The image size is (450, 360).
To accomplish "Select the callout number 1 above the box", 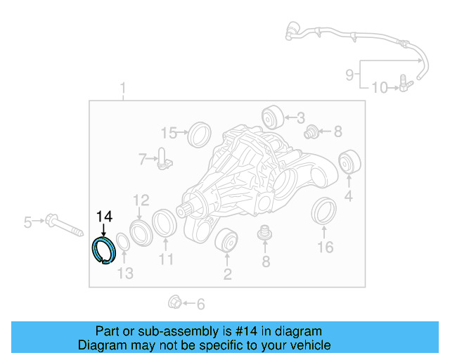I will coord(123,89).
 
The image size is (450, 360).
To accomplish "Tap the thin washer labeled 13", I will coord(121,241).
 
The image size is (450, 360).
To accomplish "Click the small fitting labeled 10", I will coord(402,86).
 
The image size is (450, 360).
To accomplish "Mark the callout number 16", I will coord(325,247).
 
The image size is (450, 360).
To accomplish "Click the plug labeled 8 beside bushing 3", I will coord(310,131).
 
